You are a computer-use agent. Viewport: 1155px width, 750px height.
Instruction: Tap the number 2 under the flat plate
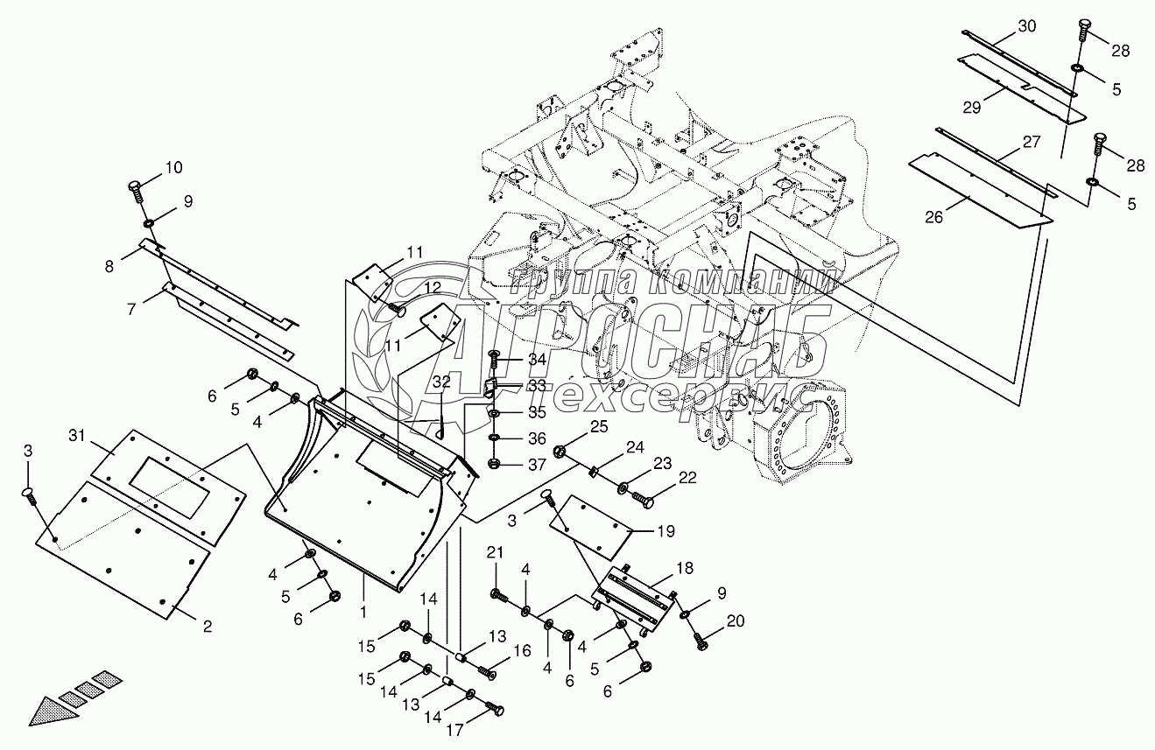(x=207, y=626)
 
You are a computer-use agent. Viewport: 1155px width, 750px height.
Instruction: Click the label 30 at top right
(x=1026, y=26)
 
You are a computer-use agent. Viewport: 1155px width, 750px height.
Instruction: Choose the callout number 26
(x=934, y=217)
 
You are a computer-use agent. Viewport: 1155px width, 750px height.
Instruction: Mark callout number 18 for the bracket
(x=683, y=569)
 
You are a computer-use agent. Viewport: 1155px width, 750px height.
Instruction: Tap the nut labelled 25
(x=560, y=452)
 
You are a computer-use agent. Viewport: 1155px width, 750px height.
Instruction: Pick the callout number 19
(x=666, y=529)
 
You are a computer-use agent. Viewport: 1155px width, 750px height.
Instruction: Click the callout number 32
(x=442, y=382)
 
